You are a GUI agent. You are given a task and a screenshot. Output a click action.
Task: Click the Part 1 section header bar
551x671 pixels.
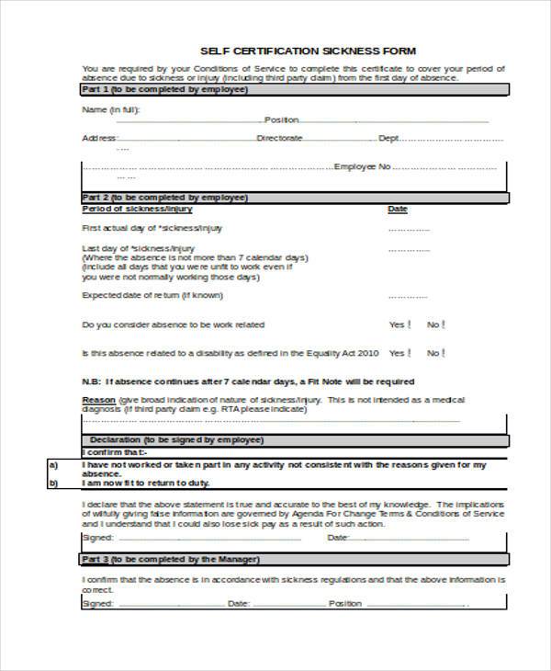(x=294, y=90)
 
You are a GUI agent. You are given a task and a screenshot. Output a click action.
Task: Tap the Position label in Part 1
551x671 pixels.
(x=282, y=120)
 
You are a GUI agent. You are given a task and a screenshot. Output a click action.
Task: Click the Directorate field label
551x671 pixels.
(x=279, y=138)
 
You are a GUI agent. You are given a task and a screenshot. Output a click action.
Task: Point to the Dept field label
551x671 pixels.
(x=389, y=138)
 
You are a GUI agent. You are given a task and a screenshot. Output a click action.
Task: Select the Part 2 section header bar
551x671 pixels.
(x=294, y=197)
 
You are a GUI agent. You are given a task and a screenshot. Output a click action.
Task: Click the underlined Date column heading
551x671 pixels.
(x=397, y=209)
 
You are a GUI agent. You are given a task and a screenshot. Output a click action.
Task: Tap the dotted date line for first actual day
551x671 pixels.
(x=409, y=229)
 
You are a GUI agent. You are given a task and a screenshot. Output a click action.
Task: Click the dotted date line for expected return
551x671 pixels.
(x=409, y=297)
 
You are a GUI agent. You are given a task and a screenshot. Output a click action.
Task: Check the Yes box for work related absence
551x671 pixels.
(x=410, y=324)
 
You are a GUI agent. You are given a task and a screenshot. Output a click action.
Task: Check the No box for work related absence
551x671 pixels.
(x=445, y=324)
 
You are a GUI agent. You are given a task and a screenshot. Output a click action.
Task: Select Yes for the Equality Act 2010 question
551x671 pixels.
(x=410, y=352)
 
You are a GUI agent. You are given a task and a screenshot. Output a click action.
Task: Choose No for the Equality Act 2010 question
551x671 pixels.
(x=445, y=352)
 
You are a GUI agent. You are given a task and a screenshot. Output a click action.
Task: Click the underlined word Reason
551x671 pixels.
(x=97, y=401)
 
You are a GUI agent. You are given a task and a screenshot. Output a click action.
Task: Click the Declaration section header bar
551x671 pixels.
(x=294, y=440)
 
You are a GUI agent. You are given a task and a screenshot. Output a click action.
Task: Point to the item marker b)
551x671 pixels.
(x=53, y=483)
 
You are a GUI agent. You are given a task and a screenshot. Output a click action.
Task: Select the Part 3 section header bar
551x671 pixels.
(x=294, y=558)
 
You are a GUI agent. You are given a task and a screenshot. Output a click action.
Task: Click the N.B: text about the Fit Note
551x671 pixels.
(x=248, y=381)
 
